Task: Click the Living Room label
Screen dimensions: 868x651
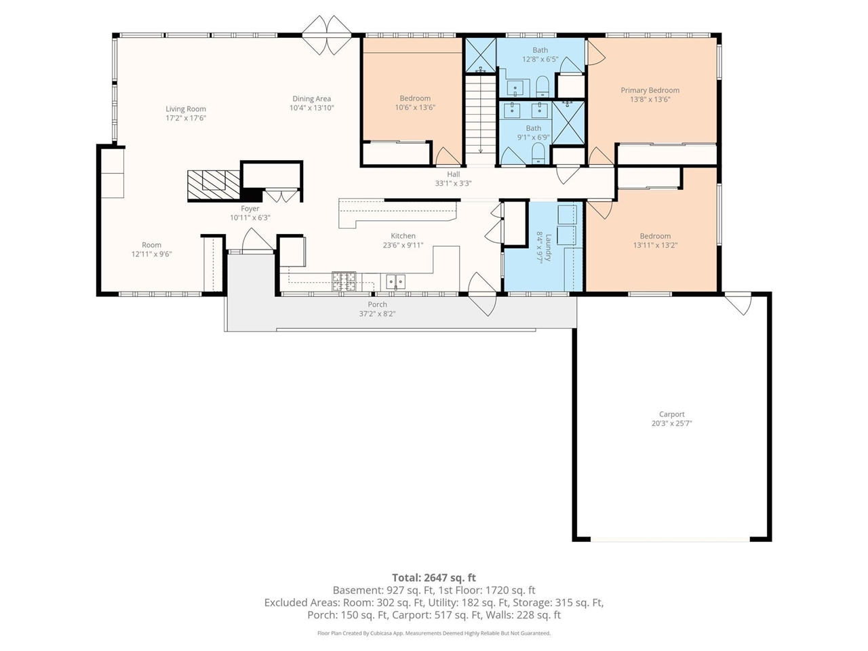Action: point(185,108)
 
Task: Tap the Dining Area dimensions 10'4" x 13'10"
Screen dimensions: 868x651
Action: point(312,108)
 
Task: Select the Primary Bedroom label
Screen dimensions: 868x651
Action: point(650,90)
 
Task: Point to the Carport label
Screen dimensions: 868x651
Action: point(671,414)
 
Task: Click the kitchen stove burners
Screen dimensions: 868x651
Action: point(344,281)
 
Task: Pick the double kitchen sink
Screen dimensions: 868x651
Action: point(395,282)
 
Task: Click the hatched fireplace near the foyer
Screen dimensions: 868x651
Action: point(214,184)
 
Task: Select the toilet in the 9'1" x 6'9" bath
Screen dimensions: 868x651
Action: point(538,153)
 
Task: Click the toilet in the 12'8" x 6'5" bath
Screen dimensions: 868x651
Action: point(542,87)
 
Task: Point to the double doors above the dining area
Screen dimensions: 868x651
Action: point(327,35)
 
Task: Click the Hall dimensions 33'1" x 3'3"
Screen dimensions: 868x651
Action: point(453,183)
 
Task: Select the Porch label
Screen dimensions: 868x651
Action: point(377,304)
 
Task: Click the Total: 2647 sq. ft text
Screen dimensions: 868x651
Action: point(434,578)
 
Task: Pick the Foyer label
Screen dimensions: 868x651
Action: point(250,208)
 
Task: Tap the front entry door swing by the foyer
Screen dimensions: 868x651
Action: point(257,239)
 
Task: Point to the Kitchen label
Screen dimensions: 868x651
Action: point(403,235)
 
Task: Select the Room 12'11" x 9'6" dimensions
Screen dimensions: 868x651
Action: point(151,254)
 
